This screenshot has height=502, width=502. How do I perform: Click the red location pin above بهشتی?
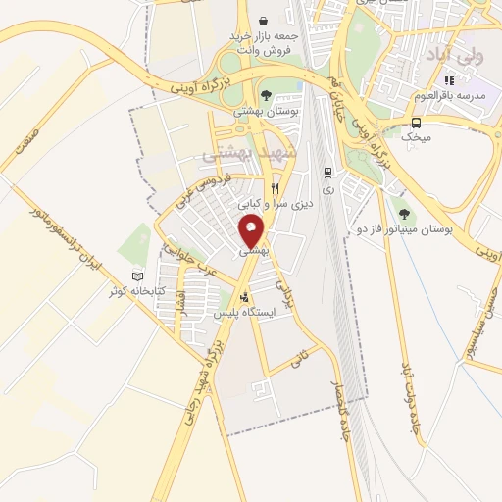tap(252, 231)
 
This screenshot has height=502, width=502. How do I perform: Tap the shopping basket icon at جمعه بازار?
tap(263, 20)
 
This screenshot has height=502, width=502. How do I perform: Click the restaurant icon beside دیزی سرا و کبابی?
tap(276, 188)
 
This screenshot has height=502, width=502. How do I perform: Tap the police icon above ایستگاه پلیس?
tap(244, 298)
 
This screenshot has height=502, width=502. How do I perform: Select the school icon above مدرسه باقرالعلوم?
tap(449, 80)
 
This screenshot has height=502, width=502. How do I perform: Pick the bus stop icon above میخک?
tap(417, 123)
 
